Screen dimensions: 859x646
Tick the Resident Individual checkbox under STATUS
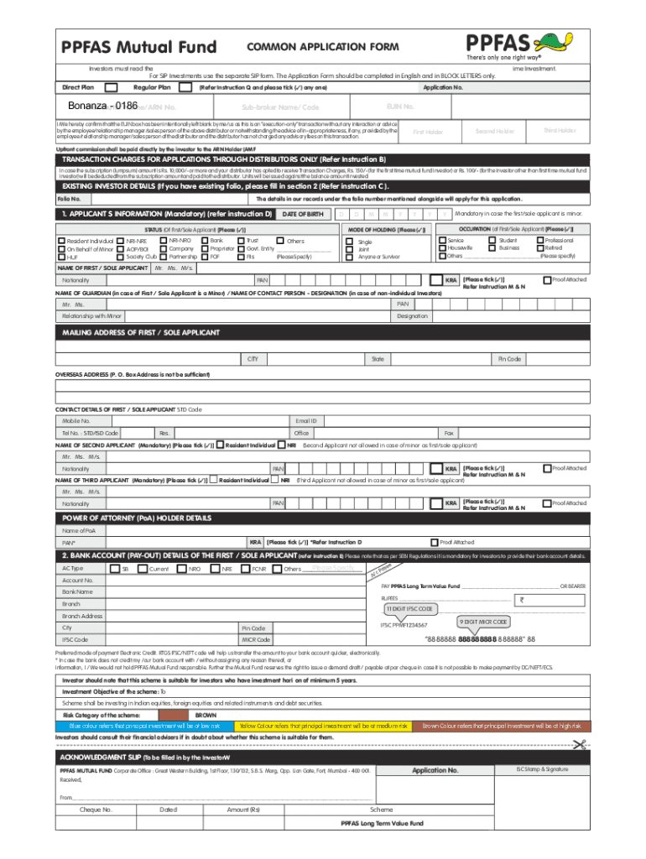click(x=60, y=241)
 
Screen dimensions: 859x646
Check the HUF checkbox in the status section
click(x=60, y=256)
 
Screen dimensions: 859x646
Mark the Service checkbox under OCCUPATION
click(x=442, y=241)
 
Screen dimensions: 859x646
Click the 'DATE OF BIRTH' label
click(x=302, y=215)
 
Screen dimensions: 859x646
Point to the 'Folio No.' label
click(x=69, y=199)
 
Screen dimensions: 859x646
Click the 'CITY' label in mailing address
click(x=252, y=359)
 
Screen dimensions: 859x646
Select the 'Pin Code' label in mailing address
click(x=510, y=359)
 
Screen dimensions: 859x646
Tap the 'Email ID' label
click(x=306, y=420)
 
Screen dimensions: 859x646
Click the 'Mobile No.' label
click(x=76, y=420)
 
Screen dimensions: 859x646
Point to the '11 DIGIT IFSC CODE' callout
click(x=409, y=608)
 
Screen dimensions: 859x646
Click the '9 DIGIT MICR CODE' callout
click(x=482, y=622)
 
